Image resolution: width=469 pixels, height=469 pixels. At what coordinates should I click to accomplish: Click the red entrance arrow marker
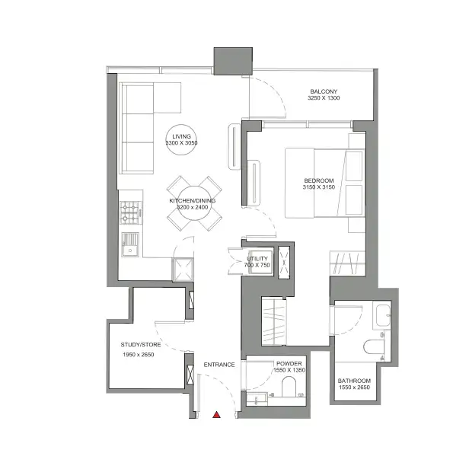click(x=217, y=416)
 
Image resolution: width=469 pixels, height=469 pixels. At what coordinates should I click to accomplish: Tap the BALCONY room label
click(x=324, y=90)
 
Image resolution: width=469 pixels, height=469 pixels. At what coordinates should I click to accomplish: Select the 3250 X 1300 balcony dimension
click(x=324, y=98)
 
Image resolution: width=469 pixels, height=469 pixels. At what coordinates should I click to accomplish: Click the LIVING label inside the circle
click(x=181, y=136)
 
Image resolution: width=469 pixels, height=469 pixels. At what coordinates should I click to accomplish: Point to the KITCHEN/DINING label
click(x=192, y=200)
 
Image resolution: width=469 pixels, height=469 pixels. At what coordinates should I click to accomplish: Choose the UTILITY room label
click(x=257, y=260)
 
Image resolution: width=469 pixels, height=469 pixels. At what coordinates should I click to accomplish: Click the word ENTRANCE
click(x=219, y=365)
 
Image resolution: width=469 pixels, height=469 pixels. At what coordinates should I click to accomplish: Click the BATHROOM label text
click(x=354, y=381)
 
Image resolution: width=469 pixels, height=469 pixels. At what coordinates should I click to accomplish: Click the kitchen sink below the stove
click(x=130, y=244)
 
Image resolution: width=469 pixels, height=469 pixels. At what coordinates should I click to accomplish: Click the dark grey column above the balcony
click(x=232, y=60)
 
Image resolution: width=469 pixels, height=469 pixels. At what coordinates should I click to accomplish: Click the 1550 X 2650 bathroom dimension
click(x=354, y=389)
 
